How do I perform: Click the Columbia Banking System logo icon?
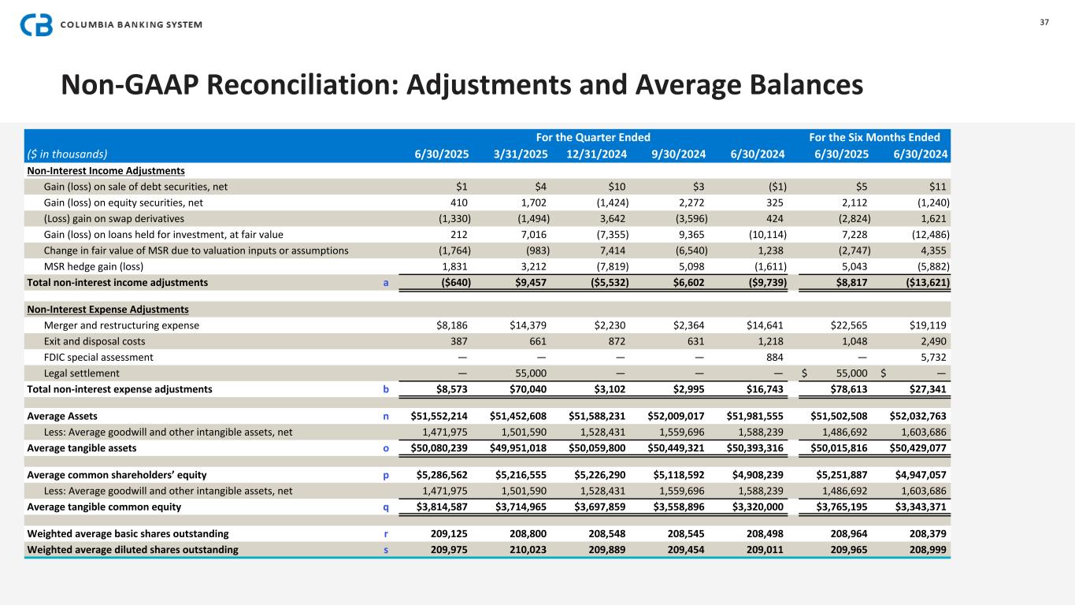tap(36, 24)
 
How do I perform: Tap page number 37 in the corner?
tap(1044, 22)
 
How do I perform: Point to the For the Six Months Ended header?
tap(879, 136)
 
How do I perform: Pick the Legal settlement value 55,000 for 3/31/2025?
tap(537, 373)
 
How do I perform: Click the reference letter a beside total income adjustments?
tap(386, 281)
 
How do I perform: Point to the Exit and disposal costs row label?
tap(95, 342)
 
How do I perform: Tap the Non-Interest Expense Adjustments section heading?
tap(108, 309)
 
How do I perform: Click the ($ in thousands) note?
tap(67, 154)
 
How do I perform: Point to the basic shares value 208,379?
tap(929, 533)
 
